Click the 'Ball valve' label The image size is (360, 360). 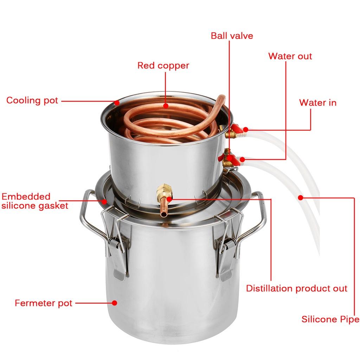point(232,36)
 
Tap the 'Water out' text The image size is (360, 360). point(290,56)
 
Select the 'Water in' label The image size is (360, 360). point(317,102)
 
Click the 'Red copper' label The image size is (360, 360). point(163,65)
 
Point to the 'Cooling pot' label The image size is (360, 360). point(32,100)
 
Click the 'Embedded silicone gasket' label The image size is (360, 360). point(34,201)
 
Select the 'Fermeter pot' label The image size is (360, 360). point(43,303)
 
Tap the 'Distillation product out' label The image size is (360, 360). point(296,289)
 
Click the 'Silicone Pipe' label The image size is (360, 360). point(330,319)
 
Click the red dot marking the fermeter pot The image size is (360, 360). point(114,303)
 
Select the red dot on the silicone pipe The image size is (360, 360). point(300,198)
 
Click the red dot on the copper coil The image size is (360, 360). point(166,105)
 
